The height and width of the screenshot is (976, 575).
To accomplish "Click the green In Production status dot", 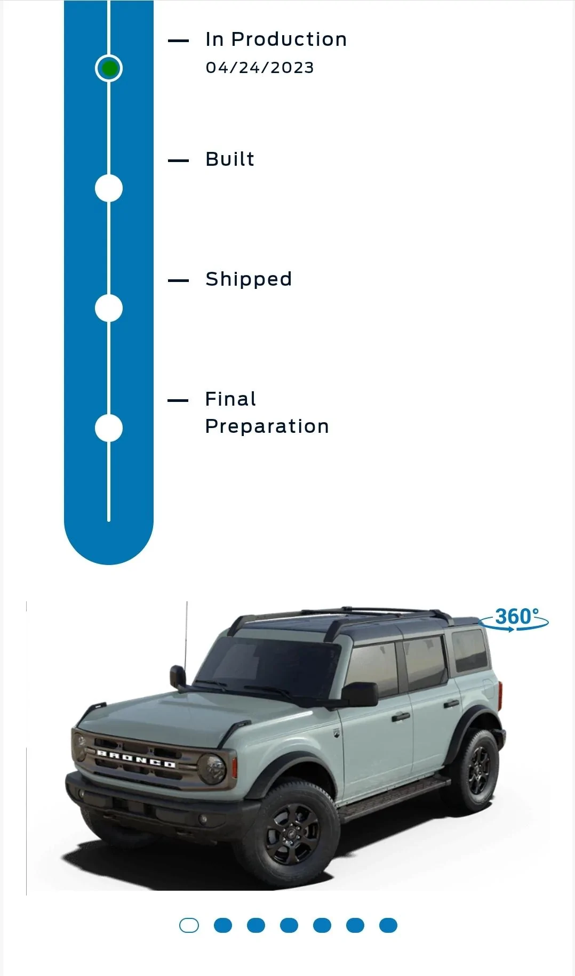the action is coord(109,68).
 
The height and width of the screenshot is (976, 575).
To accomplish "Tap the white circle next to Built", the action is coord(109,188).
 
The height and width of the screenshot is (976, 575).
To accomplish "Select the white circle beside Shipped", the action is coord(109,308).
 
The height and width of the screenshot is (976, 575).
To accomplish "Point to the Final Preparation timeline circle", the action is coord(109,428).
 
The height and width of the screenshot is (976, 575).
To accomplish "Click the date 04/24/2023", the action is coord(260,68).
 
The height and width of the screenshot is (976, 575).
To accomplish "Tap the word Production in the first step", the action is coord(289,39).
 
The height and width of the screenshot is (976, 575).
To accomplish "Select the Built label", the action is coord(230,159).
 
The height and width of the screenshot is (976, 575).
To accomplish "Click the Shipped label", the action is coord(249,279).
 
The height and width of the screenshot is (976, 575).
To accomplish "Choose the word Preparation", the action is coord(267,426).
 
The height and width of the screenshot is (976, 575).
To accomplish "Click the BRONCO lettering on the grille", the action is coord(135,759).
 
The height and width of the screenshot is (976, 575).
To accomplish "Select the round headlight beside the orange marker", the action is coord(212,767).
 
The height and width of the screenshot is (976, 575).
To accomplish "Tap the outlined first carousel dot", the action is coord(189,925).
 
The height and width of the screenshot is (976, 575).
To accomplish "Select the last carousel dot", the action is coord(388,925).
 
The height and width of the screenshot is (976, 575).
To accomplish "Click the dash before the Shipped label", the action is coord(178,280).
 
